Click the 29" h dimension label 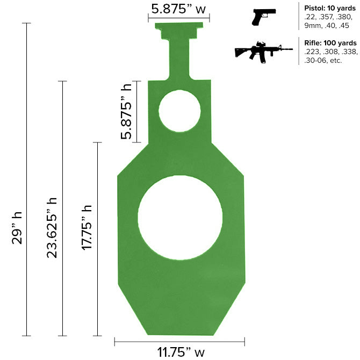pos(17,228)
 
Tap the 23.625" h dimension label pos(52,228)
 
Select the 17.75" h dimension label pos(87,228)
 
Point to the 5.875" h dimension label pos(127,112)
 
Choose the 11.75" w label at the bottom pos(181,352)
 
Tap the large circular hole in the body pos(180,217)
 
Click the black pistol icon pos(264,16)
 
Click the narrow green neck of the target pos(179,59)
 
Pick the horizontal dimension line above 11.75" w pos(179,341)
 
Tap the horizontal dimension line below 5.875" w pos(179,17)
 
